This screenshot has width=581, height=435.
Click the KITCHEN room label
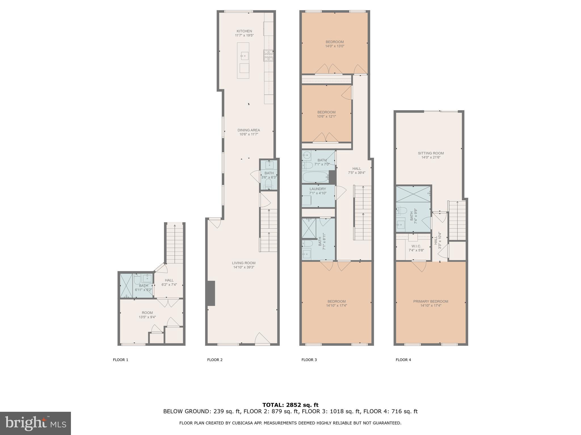[244, 33]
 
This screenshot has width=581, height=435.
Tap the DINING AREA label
[249, 132]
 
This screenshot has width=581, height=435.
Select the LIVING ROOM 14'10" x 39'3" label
[244, 265]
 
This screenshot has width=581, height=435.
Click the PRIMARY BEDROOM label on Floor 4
[430, 303]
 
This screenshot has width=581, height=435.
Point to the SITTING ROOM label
[431, 155]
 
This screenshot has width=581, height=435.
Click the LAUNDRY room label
[318, 191]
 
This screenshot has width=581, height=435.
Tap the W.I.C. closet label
[416, 248]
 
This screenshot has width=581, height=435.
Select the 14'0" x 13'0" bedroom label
[335, 44]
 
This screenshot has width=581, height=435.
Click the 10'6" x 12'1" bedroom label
[326, 114]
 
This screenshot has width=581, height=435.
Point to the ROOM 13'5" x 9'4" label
[147, 315]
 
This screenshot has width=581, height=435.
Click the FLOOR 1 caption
[121, 360]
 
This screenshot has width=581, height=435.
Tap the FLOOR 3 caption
[309, 360]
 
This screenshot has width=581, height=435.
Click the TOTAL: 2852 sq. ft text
[290, 405]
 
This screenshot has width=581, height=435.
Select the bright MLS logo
[35, 423]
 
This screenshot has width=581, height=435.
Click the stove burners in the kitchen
[268, 56]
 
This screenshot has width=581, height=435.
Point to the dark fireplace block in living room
[210, 293]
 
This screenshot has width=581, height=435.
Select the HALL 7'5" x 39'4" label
[357, 170]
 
